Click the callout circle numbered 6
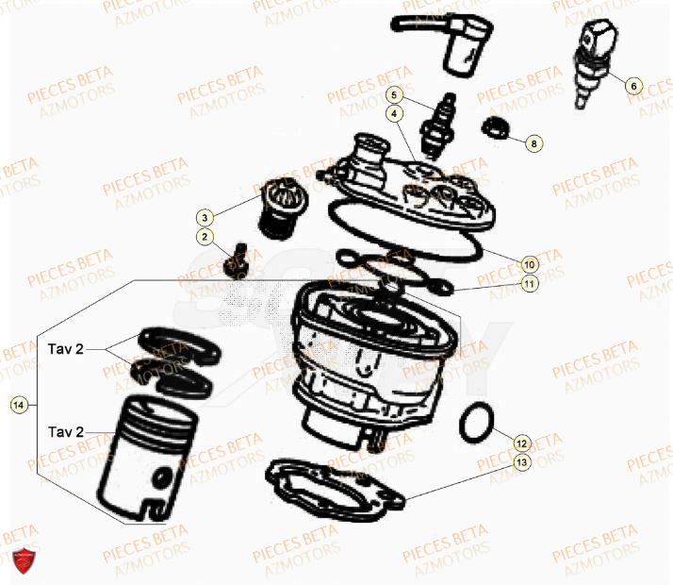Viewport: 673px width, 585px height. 632,86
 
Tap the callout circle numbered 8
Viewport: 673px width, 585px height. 533,143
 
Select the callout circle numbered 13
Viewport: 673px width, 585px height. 521,462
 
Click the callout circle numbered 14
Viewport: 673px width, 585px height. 18,405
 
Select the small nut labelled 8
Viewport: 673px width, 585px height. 493,127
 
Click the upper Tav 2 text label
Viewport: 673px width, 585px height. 66,349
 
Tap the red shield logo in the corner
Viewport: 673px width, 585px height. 24,560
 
